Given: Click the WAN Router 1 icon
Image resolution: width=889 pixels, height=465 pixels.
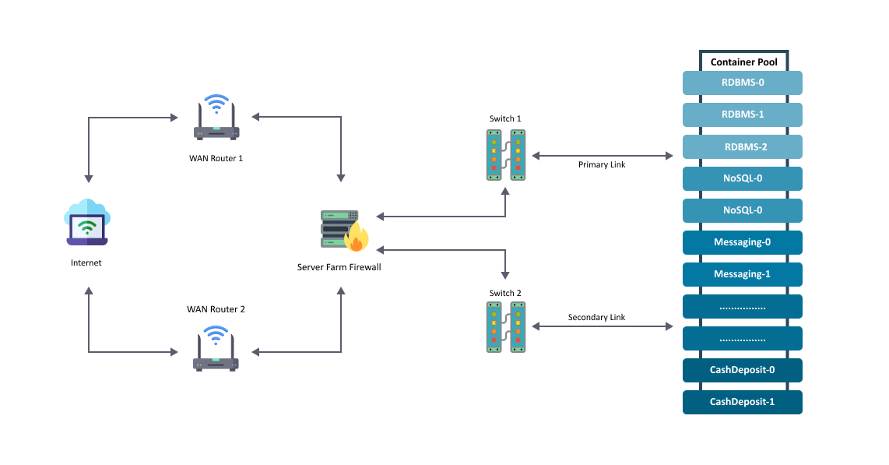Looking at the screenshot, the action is click(x=216, y=118).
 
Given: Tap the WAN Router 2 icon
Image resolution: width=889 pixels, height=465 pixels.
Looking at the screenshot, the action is click(x=216, y=349).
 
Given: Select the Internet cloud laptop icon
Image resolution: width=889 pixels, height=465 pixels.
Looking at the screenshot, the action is click(x=86, y=222).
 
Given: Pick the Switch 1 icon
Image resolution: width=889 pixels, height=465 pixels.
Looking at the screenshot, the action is click(x=506, y=155).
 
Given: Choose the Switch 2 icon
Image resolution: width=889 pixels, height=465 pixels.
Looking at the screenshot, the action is click(x=506, y=327).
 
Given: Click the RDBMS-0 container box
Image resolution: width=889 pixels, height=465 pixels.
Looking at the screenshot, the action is click(x=742, y=83).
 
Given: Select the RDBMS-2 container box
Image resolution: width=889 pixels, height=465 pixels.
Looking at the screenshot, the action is click(x=742, y=147).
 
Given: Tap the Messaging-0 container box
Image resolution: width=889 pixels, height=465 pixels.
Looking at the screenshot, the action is click(x=742, y=243).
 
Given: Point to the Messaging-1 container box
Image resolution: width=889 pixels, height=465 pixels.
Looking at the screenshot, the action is click(x=742, y=274).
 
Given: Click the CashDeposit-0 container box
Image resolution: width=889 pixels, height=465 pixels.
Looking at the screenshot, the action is click(x=742, y=370).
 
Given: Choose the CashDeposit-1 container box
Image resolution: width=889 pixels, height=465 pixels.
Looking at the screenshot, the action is click(x=742, y=402).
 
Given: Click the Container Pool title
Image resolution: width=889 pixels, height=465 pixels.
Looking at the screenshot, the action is click(x=744, y=62).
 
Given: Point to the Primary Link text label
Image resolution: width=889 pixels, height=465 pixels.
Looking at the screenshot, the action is click(x=602, y=164).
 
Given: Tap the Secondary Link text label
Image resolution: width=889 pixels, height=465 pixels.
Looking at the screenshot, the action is click(x=596, y=317).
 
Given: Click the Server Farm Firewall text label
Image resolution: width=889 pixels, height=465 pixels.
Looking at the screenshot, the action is click(x=339, y=267).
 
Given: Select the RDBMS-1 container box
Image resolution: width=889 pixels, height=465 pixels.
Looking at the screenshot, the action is click(x=742, y=114).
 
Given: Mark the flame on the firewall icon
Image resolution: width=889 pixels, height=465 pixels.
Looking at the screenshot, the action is click(x=357, y=237).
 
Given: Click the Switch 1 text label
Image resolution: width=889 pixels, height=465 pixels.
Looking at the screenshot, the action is click(x=505, y=118).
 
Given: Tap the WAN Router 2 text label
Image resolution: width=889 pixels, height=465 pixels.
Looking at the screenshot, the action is click(x=216, y=309).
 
